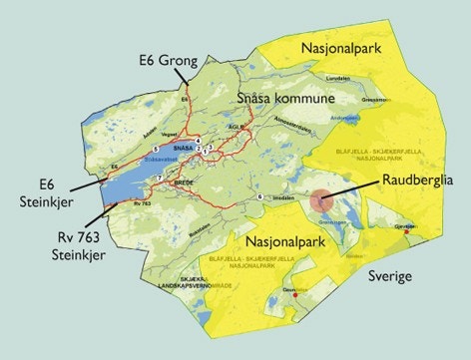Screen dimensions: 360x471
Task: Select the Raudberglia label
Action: (x=417, y=180)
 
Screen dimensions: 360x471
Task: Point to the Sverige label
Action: (x=391, y=276)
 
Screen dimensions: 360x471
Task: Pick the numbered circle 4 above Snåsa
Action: (x=199, y=140)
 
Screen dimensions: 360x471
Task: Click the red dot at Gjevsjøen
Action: (x=406, y=230)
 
